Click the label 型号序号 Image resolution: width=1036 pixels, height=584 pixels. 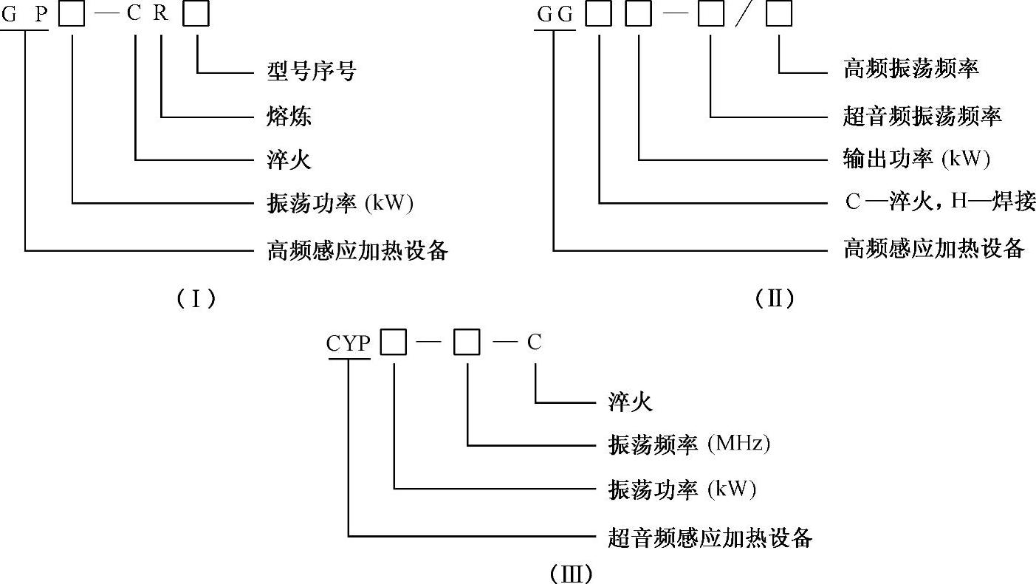pyautogui.click(x=311, y=72)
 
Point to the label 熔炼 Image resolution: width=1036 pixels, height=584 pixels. pyautogui.click(x=289, y=116)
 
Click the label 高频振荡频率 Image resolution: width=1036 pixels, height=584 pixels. pyautogui.click(x=910, y=70)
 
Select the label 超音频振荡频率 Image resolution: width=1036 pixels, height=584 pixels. pyautogui.click(x=922, y=115)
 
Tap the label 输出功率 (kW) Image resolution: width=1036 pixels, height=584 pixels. pyautogui.click(x=916, y=159)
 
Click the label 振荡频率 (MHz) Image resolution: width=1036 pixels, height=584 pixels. pyautogui.click(x=689, y=444)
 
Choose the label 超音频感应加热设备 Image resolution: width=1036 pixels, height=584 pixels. pyautogui.click(x=710, y=538)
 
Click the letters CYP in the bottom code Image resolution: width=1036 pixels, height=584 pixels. pyautogui.click(x=349, y=343)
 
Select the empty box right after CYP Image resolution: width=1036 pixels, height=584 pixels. pyautogui.click(x=394, y=343)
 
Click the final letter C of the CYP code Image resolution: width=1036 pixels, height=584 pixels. pyautogui.click(x=534, y=343)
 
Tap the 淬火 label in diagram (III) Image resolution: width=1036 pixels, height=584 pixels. pyautogui.click(x=630, y=402)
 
